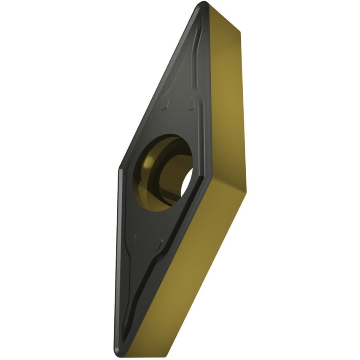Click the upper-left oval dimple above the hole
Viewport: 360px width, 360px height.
166,102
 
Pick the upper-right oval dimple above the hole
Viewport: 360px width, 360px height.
191,102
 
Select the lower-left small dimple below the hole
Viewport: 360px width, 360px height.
134,241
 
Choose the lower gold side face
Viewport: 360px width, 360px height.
185,270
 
